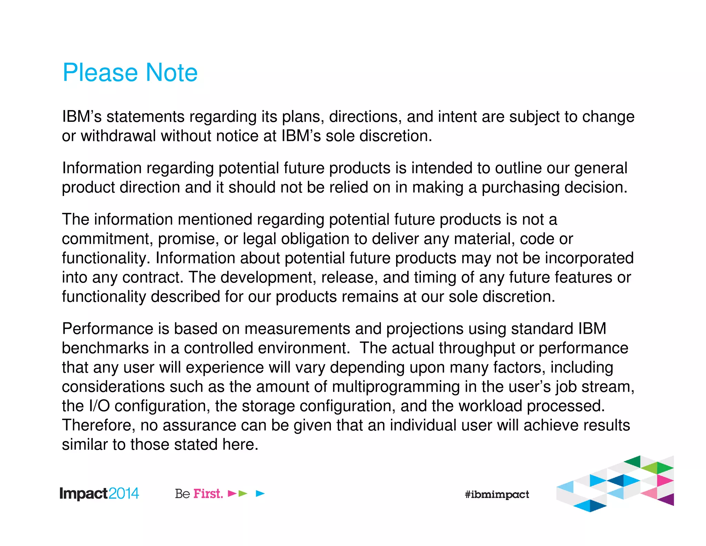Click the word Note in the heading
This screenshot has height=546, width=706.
(x=171, y=73)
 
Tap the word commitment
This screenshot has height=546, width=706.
(x=107, y=239)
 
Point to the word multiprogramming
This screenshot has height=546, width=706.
(x=396, y=387)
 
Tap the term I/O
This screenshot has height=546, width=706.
(x=99, y=406)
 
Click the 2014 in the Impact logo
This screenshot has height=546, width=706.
(x=124, y=494)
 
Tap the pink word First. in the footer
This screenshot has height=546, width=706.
(x=208, y=494)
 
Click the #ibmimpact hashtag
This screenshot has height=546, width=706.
(x=497, y=495)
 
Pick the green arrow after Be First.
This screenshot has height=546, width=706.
(x=243, y=494)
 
